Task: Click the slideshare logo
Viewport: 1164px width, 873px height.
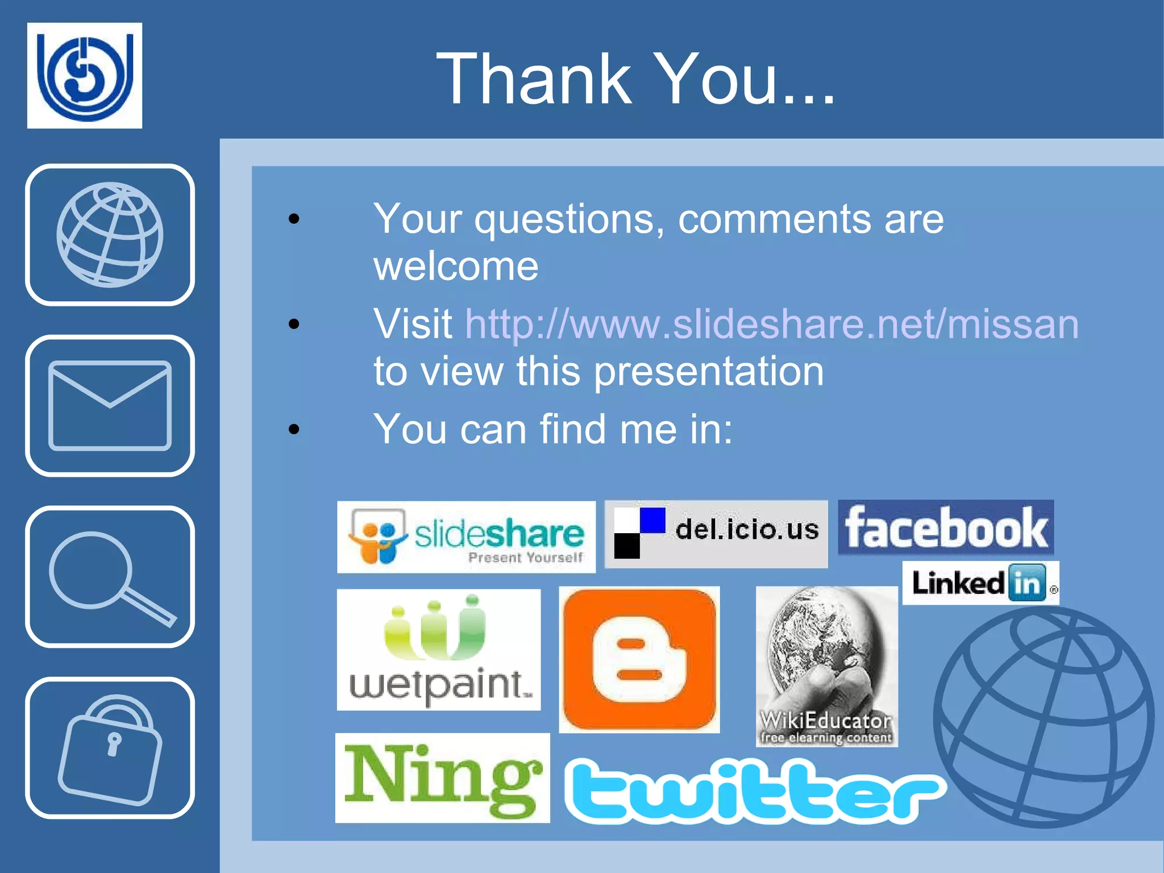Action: tap(466, 537)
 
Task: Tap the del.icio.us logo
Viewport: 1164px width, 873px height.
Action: tap(716, 534)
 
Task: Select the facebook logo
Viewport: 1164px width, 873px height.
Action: tap(946, 527)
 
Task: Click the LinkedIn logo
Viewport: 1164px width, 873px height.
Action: tap(980, 583)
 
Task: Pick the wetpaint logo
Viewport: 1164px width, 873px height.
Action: tap(438, 650)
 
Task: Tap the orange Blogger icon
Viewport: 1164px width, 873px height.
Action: tap(639, 659)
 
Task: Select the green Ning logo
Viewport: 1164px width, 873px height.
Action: tap(442, 778)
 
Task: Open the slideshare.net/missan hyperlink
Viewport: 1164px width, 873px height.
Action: tap(772, 324)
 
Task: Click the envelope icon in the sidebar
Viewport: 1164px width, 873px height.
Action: tap(110, 405)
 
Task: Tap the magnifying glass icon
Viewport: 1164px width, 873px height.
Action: tap(110, 576)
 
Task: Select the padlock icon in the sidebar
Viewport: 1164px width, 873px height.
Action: tap(110, 748)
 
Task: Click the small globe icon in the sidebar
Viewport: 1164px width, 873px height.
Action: tap(110, 234)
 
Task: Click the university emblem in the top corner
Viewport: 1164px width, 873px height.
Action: tap(85, 76)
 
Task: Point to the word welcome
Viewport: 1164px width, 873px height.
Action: tap(456, 266)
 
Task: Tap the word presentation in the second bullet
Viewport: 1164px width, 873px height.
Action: tap(709, 371)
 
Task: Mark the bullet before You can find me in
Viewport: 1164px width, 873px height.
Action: tap(294, 429)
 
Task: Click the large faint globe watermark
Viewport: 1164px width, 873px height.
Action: tap(1045, 716)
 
